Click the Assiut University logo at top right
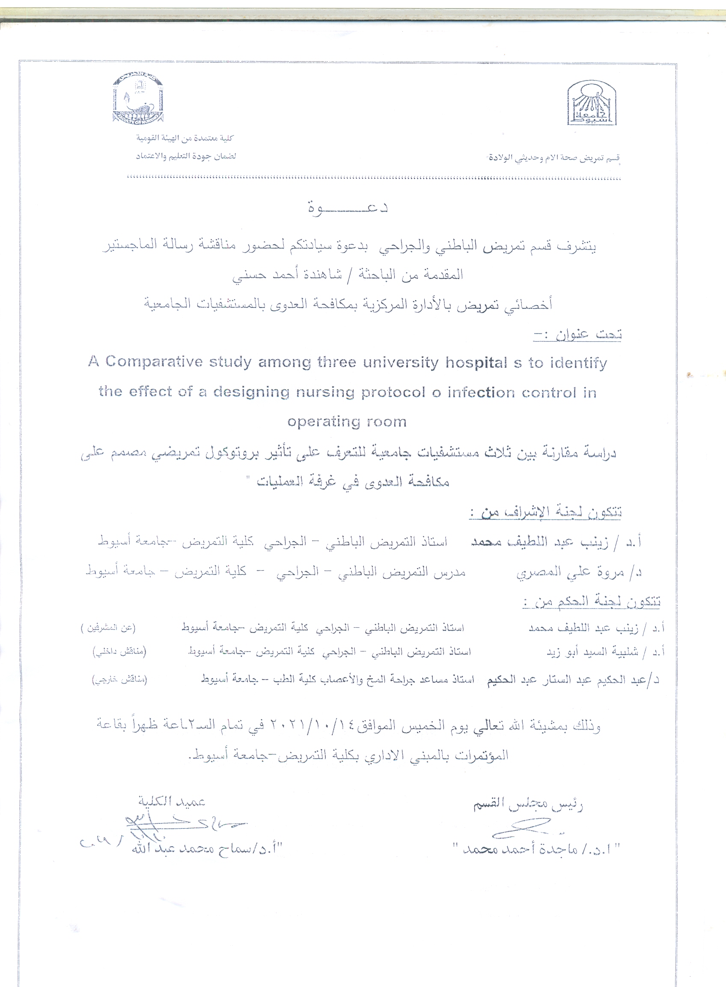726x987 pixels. (x=591, y=102)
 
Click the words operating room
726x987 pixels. (x=347, y=422)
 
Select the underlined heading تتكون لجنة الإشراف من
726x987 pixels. (x=545, y=512)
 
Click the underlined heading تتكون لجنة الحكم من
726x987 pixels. (x=591, y=602)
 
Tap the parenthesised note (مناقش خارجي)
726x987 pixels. (x=119, y=680)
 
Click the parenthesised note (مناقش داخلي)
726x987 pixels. (x=119, y=652)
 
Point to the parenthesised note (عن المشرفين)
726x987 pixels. (x=108, y=628)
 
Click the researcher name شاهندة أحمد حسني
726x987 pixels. (x=286, y=275)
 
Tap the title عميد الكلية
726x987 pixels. (x=172, y=802)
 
